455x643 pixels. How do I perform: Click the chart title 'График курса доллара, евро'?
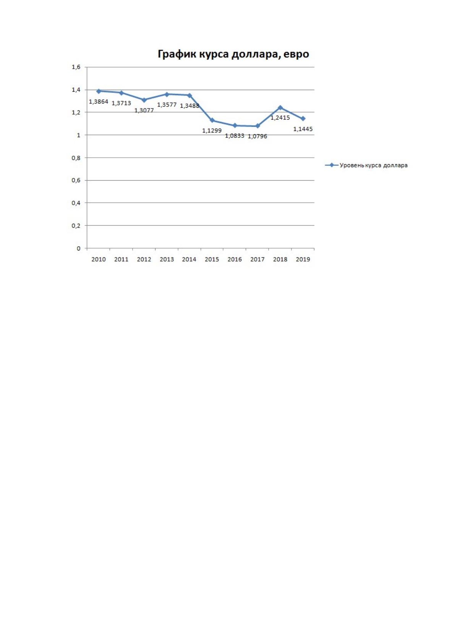(233, 54)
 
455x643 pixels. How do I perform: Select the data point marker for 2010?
(99, 91)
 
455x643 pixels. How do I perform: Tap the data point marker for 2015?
(212, 120)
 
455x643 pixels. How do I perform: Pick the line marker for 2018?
(280, 108)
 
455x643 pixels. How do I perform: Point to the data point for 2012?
(144, 100)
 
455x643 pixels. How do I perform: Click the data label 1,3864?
(99, 102)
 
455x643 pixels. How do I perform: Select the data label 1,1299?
(212, 131)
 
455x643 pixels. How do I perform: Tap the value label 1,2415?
(280, 118)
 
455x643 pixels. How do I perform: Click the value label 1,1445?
(303, 129)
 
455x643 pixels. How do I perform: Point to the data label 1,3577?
(167, 105)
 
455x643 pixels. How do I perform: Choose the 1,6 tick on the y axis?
(76, 67)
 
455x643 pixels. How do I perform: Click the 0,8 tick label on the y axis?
(76, 158)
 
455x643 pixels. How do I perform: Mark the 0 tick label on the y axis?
(78, 249)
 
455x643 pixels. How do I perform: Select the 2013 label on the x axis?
(167, 260)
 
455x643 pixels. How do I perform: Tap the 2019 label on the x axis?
(303, 260)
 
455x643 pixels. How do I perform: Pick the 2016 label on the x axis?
(235, 260)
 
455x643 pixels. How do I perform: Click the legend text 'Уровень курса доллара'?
(373, 165)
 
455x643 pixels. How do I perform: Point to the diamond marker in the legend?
(332, 165)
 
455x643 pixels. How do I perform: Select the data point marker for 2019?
(303, 118)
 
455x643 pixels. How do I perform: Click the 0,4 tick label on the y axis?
(76, 203)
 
